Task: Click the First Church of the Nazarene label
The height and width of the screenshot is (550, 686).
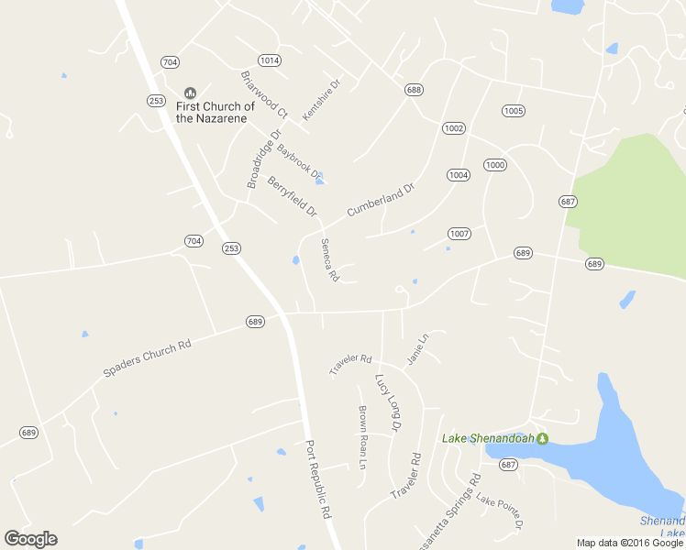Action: [x=216, y=113]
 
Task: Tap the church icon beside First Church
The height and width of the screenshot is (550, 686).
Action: [x=191, y=93]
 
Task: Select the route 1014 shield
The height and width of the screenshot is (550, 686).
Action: [x=269, y=60]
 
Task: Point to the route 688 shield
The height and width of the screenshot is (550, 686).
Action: [x=414, y=89]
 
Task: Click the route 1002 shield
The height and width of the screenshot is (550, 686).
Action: [x=454, y=127]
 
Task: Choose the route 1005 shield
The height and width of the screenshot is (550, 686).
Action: [x=514, y=111]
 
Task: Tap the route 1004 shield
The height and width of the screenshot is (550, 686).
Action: [x=459, y=174]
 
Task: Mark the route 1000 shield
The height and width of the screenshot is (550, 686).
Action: [x=495, y=165]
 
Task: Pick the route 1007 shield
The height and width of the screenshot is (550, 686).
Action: [x=459, y=234]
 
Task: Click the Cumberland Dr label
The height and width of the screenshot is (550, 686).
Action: [x=381, y=200]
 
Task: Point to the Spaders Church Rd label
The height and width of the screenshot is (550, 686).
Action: [x=147, y=358]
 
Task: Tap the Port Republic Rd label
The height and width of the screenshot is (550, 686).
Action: [x=317, y=478]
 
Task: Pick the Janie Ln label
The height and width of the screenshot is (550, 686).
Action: [x=417, y=349]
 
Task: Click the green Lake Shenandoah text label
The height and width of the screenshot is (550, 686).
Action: [x=488, y=438]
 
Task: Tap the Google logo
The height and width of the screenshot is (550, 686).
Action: [x=30, y=538]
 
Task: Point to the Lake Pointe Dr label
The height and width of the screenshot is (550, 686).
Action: [x=499, y=513]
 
